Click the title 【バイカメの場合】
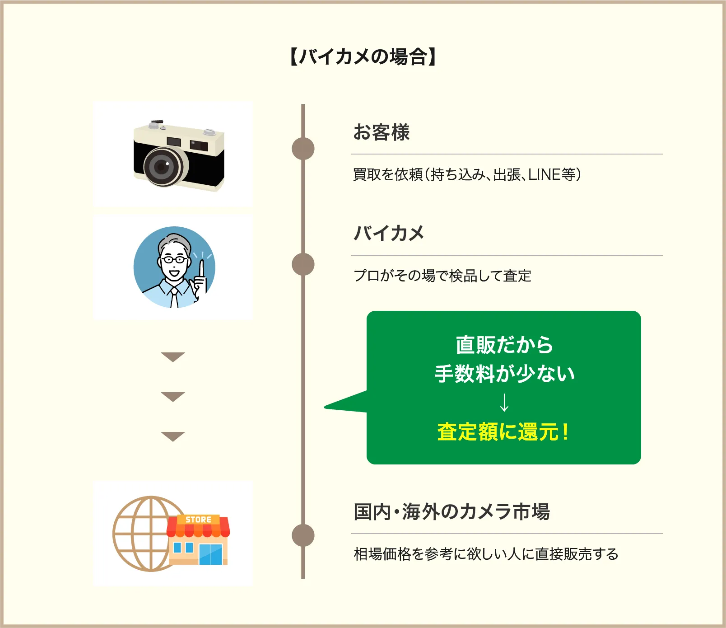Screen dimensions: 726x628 tap(363, 57)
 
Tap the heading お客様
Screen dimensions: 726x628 tap(382, 132)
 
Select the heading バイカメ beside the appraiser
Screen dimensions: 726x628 tap(389, 233)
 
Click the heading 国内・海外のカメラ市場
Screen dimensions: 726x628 tap(451, 512)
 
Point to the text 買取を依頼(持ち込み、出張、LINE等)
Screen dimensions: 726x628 tap(467, 174)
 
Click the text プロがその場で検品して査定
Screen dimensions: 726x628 tap(442, 276)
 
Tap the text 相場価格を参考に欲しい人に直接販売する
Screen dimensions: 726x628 tap(486, 554)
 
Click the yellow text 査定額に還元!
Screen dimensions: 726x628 tap(503, 431)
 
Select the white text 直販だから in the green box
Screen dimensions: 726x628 tap(504, 345)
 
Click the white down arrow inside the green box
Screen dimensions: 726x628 tap(504, 402)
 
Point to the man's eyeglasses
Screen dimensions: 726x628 tap(174, 259)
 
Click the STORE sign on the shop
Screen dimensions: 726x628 tap(198, 520)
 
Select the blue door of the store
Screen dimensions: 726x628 tap(211, 554)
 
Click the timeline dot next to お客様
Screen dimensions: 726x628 tap(303, 149)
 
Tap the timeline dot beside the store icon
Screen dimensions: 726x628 tap(303, 535)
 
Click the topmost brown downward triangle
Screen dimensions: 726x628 tap(173, 357)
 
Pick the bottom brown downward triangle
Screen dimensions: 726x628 tap(173, 436)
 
